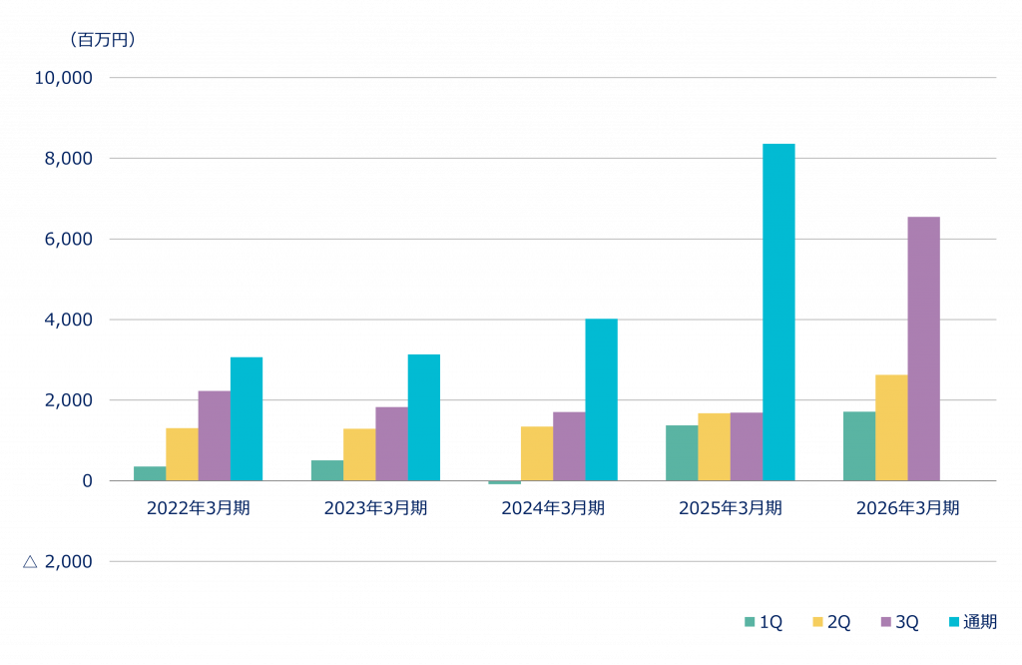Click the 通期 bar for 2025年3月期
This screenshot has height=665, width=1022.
[778, 312]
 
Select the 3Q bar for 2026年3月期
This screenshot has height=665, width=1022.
[923, 348]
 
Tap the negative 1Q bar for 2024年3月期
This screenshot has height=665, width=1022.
[504, 483]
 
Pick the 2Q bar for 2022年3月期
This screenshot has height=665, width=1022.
[182, 454]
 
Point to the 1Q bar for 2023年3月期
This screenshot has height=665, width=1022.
[326, 470]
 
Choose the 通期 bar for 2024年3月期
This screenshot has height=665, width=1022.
[601, 399]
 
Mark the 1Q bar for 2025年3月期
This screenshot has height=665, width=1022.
[682, 452]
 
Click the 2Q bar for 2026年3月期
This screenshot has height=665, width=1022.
[891, 427]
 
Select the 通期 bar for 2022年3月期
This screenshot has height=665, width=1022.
[247, 418]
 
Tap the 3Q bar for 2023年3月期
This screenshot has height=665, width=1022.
[391, 443]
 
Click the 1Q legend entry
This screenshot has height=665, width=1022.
[764, 622]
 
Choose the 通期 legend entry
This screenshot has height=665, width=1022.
[973, 622]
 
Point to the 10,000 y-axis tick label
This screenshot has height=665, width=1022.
[63, 78]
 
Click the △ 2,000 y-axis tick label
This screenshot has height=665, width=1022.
[57, 562]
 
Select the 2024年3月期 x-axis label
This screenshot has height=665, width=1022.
[553, 508]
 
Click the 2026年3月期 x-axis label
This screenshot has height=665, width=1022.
[907, 508]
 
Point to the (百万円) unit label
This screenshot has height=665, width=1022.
[102, 40]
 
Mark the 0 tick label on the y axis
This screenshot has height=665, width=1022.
[87, 481]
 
